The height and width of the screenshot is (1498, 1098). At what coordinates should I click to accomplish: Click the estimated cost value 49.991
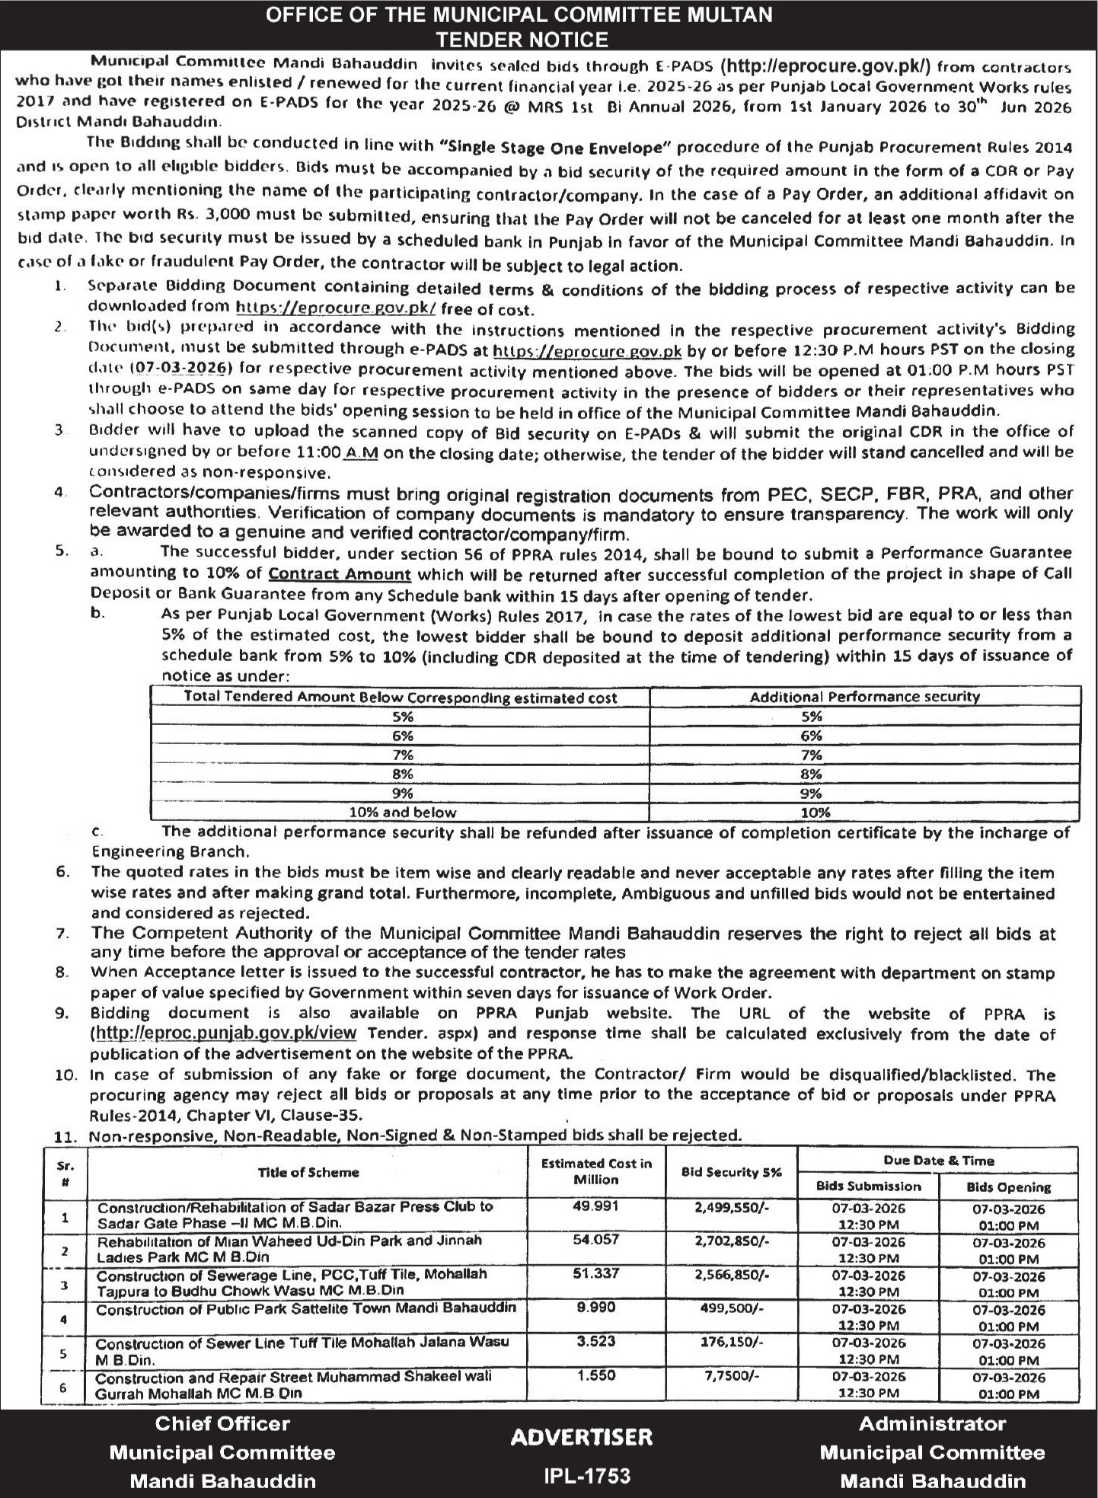596,1206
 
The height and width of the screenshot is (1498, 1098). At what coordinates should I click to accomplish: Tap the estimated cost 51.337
596,1273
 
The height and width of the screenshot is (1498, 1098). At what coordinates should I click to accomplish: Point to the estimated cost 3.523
596,1341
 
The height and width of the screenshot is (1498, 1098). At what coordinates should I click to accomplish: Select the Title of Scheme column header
308,1173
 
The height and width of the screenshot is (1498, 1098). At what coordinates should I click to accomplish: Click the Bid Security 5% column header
732,1173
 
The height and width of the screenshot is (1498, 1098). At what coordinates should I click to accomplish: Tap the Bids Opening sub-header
1008,1187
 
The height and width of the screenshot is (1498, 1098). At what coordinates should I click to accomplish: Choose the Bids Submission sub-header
868,1186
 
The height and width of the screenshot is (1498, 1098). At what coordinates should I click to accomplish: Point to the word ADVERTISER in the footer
582,1437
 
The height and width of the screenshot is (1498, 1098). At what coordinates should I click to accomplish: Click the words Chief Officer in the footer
222,1423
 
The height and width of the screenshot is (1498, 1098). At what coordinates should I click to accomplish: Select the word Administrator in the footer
932,1423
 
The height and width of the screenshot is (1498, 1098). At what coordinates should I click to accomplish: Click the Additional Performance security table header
865,697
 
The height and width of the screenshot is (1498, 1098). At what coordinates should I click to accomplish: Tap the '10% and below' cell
402,812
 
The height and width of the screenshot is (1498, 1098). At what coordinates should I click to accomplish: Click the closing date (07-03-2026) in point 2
180,368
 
